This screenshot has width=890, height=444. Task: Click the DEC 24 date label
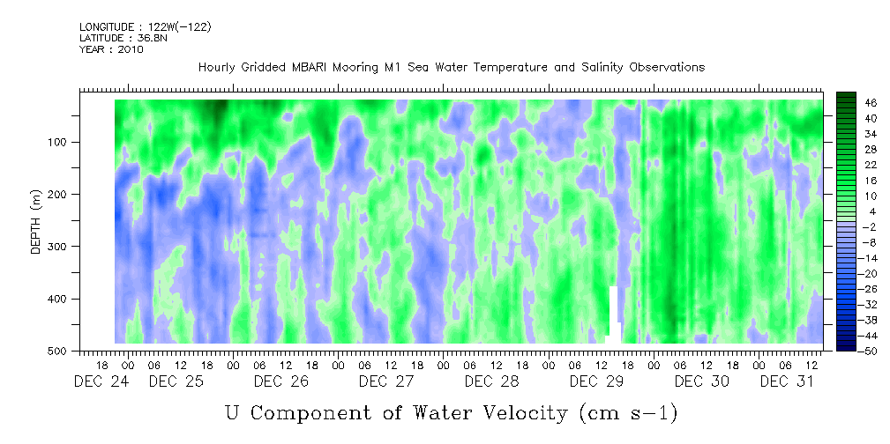point(101,381)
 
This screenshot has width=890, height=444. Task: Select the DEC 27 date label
point(386,381)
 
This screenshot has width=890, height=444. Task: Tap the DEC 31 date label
point(788,381)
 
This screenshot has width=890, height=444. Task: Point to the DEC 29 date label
point(597,381)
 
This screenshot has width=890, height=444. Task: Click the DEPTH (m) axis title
point(35,226)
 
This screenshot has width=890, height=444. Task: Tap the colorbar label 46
point(856,103)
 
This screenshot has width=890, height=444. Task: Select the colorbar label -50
point(856,351)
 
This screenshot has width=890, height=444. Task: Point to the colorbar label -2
point(856,226)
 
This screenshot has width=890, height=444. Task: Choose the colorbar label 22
point(856,168)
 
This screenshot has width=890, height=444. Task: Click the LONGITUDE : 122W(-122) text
point(146,26)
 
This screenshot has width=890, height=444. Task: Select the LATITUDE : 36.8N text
point(123,38)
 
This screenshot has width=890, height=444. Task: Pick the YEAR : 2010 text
point(112,49)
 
